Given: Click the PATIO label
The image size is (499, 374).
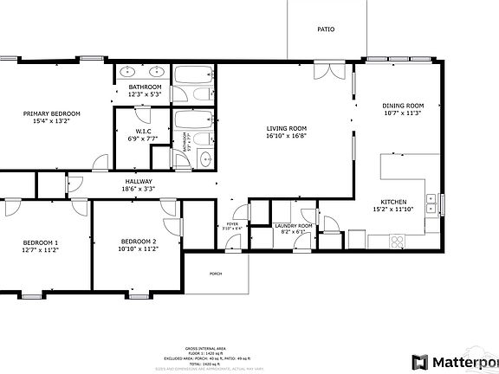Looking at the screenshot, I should click(326, 29).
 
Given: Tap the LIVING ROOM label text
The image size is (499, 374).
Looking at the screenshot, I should click(286, 127).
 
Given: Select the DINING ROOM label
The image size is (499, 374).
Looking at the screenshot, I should click(403, 106).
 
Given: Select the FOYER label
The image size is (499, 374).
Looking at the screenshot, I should click(232, 223).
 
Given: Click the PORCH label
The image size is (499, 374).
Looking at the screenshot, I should click(216, 273).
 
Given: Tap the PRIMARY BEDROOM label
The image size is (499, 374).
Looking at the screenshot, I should click(52, 114).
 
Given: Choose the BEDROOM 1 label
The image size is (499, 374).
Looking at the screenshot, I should click(41, 242).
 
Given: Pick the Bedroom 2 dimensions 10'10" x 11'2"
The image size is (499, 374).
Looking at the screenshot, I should click(139, 248).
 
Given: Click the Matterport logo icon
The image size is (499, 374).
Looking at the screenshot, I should click(420, 361).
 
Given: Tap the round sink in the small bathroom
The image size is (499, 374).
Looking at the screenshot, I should click(205, 158).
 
